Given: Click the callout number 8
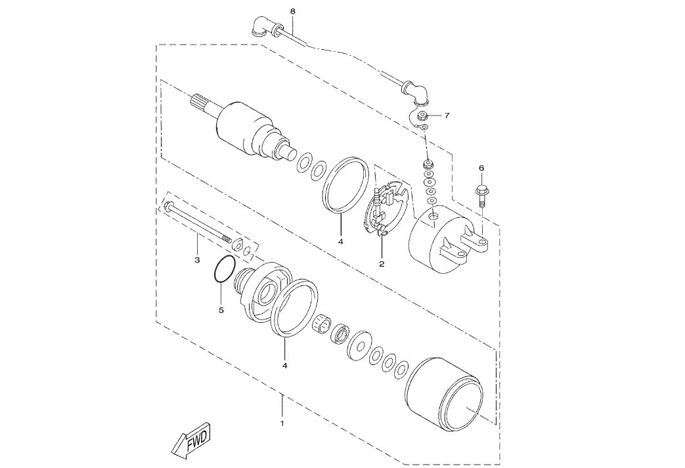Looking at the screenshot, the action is (293, 11).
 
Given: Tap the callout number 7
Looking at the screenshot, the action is (447, 116).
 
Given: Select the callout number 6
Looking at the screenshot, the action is (481, 167).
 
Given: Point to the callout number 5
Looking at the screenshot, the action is (221, 310).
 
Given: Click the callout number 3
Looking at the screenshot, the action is (197, 260).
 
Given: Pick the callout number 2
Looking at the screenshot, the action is (382, 264).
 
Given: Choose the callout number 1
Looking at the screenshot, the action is (282, 423).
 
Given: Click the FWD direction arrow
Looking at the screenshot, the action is (191, 440).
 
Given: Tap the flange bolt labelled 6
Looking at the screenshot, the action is (481, 197).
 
